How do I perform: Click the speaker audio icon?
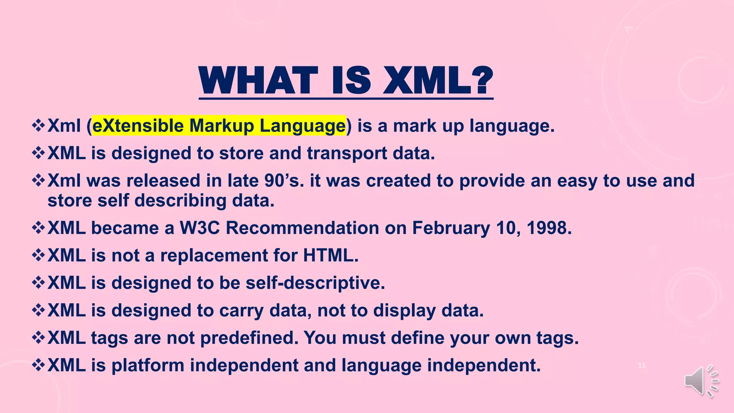pos(701,381)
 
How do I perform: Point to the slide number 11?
pos(642,365)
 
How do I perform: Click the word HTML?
pos(330,256)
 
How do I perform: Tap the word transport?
pos(347,153)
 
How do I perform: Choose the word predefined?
pos(249,338)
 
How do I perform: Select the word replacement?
pos(214,256)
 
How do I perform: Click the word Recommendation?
pos(302,228)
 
